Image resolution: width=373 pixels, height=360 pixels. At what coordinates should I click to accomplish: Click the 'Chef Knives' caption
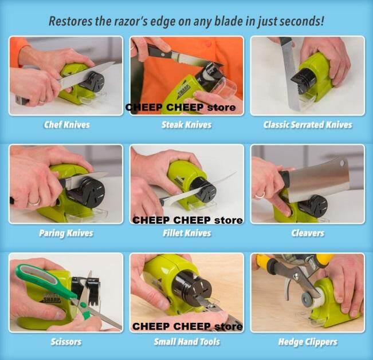[x=66, y=124]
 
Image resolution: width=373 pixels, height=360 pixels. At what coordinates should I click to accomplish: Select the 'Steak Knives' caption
[x=186, y=124]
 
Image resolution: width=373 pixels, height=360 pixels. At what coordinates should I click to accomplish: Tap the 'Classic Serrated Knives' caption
[x=307, y=124]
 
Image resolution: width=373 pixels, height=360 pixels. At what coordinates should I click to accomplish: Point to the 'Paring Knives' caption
[x=66, y=233]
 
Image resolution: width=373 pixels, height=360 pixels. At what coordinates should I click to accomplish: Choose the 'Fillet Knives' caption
[x=186, y=233]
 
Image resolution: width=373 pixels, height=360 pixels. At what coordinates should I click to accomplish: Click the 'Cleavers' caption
[x=307, y=233]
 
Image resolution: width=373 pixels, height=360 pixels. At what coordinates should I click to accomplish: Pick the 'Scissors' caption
[x=66, y=342]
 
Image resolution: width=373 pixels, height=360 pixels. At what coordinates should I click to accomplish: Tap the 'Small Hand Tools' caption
[x=186, y=342]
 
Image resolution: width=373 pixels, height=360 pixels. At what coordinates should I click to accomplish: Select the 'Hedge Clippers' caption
[x=307, y=342]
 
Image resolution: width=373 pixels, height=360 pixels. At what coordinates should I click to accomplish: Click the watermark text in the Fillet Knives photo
[x=187, y=220]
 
